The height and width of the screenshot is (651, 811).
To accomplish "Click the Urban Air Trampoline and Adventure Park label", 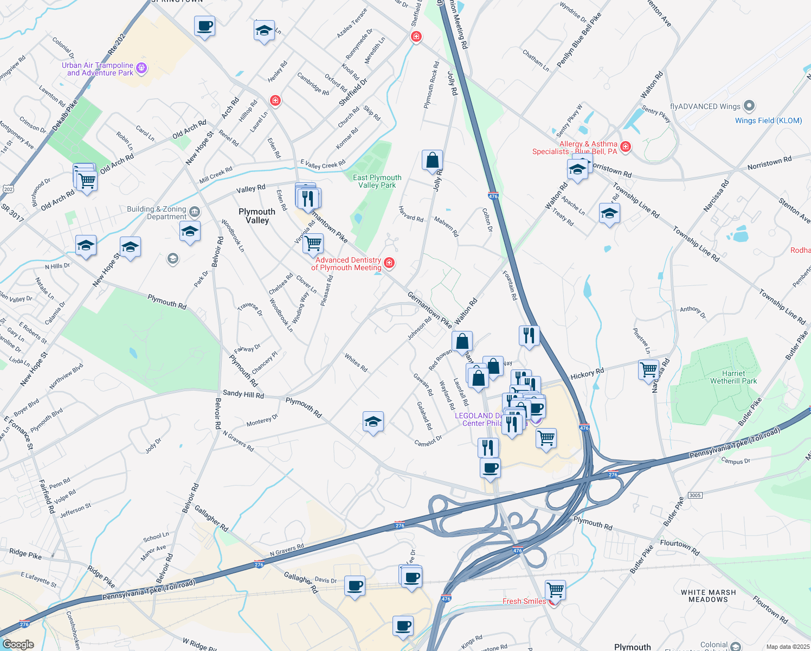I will click(x=98, y=69).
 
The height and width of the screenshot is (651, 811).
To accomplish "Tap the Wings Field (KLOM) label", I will click(x=768, y=120).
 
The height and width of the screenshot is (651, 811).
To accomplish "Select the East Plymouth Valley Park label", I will click(x=377, y=181).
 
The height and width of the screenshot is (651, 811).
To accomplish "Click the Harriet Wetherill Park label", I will click(x=733, y=377).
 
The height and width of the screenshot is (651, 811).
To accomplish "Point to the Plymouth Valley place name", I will click(x=257, y=216).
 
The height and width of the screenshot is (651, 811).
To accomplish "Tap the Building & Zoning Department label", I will click(x=157, y=213).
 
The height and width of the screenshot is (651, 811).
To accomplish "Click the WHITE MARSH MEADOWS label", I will click(x=708, y=596).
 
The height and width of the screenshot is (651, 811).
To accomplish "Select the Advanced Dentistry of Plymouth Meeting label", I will click(x=346, y=264).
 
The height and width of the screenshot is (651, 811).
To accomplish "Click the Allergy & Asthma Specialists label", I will click(x=575, y=148).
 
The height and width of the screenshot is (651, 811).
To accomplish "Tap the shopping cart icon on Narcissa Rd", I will click(x=649, y=370).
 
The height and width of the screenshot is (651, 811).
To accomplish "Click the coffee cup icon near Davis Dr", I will click(x=355, y=586).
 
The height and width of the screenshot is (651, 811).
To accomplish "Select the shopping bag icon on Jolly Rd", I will click(x=432, y=161).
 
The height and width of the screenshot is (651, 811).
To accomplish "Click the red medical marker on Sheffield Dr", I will click(x=416, y=37).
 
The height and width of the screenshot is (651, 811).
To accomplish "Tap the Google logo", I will click(x=18, y=644).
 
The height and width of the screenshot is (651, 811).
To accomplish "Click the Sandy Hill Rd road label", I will click(x=243, y=394).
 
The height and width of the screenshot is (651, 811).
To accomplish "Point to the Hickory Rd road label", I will click(x=587, y=374).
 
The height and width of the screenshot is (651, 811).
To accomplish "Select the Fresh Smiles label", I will click(x=524, y=601).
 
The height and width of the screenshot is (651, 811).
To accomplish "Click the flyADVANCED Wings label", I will click(x=705, y=106).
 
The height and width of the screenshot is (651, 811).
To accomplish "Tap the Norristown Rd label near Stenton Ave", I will click(x=769, y=163).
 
